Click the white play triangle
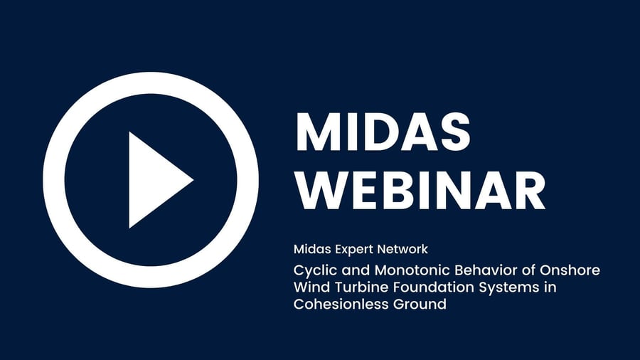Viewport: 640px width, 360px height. (x=155, y=179)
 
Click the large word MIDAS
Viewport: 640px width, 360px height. (x=383, y=132)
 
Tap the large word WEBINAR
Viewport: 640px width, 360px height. (x=420, y=190)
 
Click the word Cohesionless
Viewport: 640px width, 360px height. (x=341, y=304)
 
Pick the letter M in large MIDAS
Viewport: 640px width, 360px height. (x=316, y=132)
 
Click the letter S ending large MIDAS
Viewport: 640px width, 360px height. (x=454, y=132)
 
